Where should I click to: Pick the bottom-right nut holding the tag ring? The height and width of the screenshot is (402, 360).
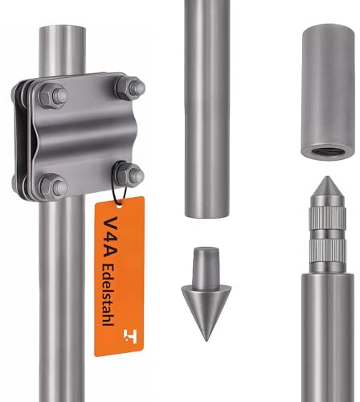pyautogui.click(x=130, y=174)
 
